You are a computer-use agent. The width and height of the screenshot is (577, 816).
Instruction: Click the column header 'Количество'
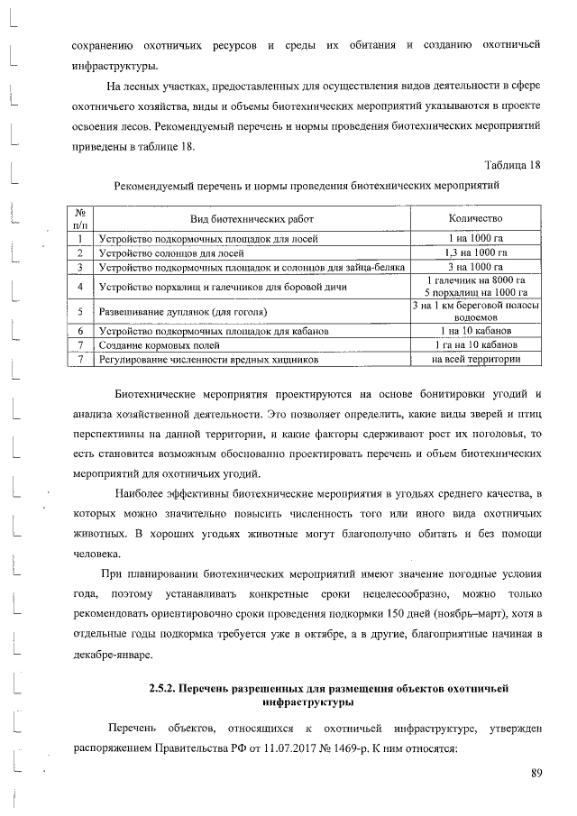tap(474, 219)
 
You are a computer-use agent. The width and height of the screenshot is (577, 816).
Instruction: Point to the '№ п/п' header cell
tap(80, 219)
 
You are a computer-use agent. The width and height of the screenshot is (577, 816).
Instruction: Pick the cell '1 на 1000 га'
tap(474, 239)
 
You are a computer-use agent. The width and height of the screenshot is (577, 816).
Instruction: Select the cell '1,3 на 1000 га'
tap(474, 253)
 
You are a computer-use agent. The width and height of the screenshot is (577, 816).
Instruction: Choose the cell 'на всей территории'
tap(474, 360)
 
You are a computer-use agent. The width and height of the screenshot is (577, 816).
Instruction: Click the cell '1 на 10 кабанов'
tap(474, 332)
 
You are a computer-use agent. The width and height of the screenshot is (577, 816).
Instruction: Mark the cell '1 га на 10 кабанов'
tap(474, 345)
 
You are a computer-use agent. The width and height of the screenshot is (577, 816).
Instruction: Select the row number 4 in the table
tap(80, 287)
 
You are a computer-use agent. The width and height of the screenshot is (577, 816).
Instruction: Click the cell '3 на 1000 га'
tap(474, 267)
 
